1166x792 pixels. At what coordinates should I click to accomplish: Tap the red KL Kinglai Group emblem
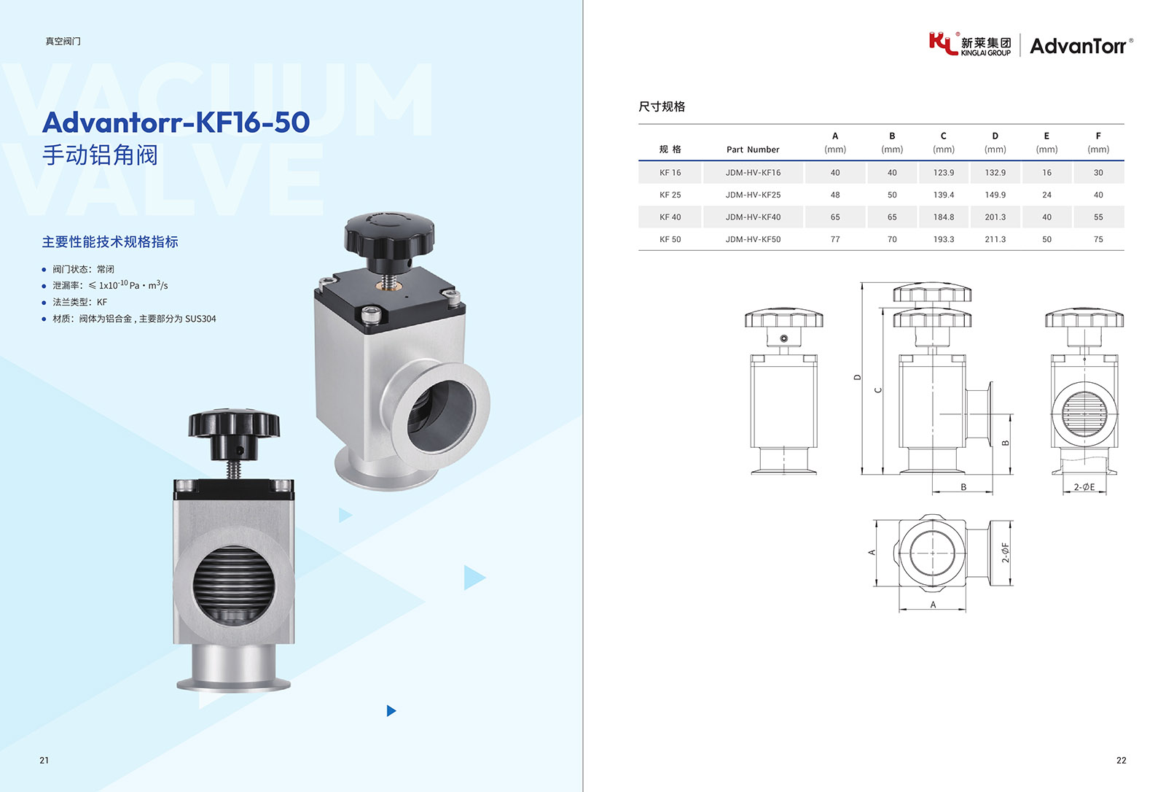[943, 43]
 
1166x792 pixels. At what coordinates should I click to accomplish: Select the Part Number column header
[753, 150]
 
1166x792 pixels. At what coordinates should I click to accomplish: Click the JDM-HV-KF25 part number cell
[754, 195]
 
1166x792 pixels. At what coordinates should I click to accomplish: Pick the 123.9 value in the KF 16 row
[943, 172]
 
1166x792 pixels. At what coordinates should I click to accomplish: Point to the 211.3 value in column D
[995, 239]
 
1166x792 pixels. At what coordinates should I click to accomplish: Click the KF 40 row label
[670, 217]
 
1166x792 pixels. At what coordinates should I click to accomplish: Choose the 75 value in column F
[1097, 239]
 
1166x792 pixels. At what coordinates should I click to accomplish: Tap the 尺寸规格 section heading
[662, 106]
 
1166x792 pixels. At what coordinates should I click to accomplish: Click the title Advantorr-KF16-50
[176, 122]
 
